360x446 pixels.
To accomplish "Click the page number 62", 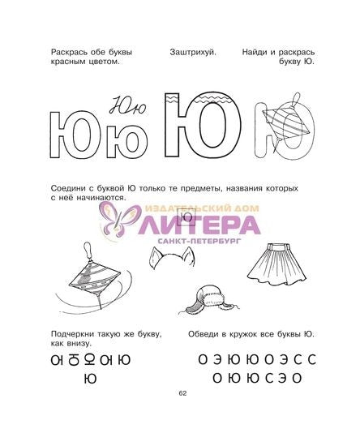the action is coord(182,393).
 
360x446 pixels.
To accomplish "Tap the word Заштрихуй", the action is coord(193,53).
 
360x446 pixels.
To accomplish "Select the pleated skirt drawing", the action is coord(276,264).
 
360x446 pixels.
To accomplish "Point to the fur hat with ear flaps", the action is coord(209,300).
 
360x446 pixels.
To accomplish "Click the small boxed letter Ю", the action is coord(186,217).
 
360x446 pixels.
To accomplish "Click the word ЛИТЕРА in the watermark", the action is coord(199,225).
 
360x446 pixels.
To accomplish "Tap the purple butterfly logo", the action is coord(119,219).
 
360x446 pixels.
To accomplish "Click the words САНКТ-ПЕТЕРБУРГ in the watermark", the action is coord(199,242).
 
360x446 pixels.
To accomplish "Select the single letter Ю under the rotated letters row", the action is coord(91,379).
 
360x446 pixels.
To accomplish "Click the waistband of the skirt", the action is coord(276,247).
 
